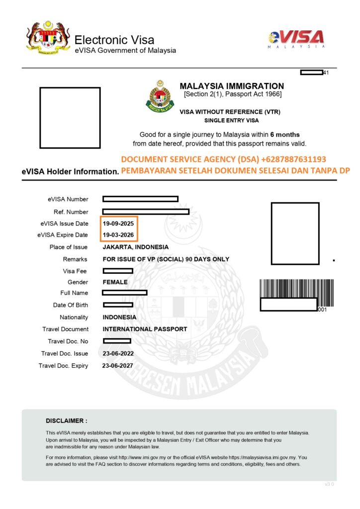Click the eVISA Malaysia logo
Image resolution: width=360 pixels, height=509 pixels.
(296, 39)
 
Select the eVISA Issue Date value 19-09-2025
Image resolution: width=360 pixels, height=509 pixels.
(118, 224)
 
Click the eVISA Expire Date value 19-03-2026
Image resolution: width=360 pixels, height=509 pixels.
(118, 235)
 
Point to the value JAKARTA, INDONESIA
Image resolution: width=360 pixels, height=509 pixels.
(135, 247)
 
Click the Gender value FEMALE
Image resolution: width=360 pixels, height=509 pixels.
(115, 282)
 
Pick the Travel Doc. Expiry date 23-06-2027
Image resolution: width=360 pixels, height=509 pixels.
(117, 366)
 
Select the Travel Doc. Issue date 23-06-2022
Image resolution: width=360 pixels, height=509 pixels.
(118, 353)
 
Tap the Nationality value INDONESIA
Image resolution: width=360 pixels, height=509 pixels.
(119, 317)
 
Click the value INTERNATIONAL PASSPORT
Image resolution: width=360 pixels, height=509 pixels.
(145, 329)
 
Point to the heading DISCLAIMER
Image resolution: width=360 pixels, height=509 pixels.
(66, 421)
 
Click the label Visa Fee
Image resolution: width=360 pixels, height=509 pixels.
(75, 271)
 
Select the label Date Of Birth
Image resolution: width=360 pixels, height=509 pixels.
(70, 305)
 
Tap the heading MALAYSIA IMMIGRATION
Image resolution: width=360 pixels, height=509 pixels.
(232, 86)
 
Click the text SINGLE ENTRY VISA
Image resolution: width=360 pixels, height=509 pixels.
(232, 121)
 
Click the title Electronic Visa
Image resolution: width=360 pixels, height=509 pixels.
(114, 40)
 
